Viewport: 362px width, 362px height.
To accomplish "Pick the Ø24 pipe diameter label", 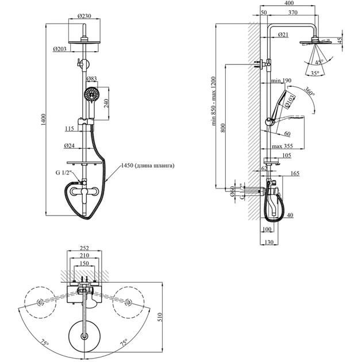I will pos(72,145).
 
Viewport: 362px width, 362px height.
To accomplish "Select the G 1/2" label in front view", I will pos(63,174).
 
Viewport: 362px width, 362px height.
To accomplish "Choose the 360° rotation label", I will pos(311,91).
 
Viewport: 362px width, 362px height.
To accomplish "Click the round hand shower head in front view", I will pos(91,94).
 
